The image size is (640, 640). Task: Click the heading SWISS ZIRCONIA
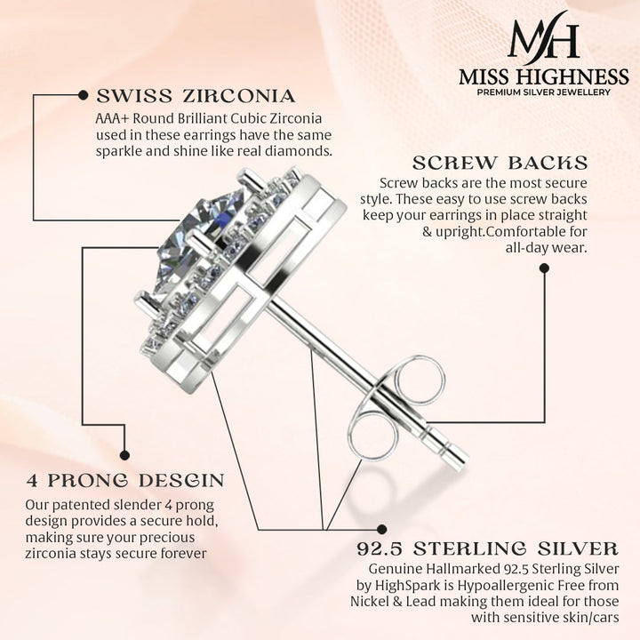pos(196,96)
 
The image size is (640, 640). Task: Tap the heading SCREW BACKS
pos(500,163)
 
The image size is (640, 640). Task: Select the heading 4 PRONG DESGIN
pos(124,481)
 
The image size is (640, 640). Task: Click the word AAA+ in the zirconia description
pos(113,117)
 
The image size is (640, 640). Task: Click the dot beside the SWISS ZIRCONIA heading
pos(83,94)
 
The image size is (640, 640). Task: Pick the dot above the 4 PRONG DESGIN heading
pos(124,454)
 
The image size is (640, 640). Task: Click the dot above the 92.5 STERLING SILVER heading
pos(382,529)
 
